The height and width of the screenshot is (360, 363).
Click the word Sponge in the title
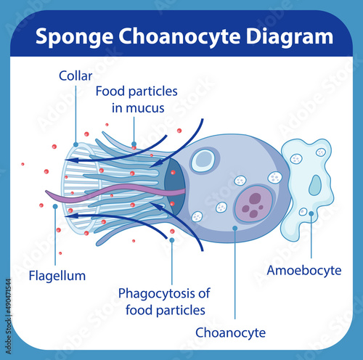(x=74, y=37)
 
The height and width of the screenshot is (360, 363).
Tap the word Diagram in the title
(x=290, y=37)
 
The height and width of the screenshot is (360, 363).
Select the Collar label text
(x=76, y=75)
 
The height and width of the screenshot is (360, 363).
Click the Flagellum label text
(x=57, y=276)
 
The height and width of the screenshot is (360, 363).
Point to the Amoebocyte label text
(x=304, y=270)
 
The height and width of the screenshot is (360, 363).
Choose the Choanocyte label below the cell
(x=230, y=332)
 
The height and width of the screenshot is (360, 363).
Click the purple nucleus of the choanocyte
(x=253, y=204)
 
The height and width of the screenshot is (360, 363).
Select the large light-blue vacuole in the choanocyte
(x=203, y=160)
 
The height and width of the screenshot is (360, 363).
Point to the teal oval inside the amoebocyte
(x=315, y=185)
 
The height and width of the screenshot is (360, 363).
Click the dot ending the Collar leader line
(x=76, y=144)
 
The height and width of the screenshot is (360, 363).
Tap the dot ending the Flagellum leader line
(x=55, y=206)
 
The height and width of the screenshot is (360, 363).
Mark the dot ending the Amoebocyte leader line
(x=311, y=213)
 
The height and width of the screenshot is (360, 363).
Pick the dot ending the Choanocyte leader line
(x=234, y=228)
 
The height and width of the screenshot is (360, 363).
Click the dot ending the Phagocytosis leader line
(x=172, y=240)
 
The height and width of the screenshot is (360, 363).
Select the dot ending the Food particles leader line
(x=134, y=144)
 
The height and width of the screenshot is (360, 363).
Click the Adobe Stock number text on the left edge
(x=9, y=316)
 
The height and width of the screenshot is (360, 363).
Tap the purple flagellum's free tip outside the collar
(x=46, y=192)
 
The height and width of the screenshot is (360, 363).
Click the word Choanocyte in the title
(x=179, y=37)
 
